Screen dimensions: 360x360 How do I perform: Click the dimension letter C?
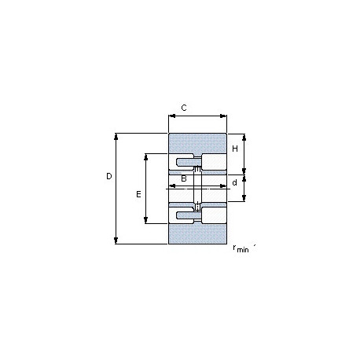coord(184,108)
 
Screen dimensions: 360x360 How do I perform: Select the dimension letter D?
coord(109,176)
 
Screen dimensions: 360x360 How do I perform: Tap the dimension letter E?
coord(138,194)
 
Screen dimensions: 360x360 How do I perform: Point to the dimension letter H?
coord(235,149)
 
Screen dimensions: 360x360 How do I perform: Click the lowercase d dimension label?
coord(235,182)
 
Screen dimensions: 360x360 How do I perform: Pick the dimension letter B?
coord(184,178)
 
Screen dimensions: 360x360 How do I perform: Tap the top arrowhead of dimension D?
coord(116,136)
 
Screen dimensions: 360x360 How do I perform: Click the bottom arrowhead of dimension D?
coord(116,241)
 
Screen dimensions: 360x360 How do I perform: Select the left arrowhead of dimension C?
coord(172,116)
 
